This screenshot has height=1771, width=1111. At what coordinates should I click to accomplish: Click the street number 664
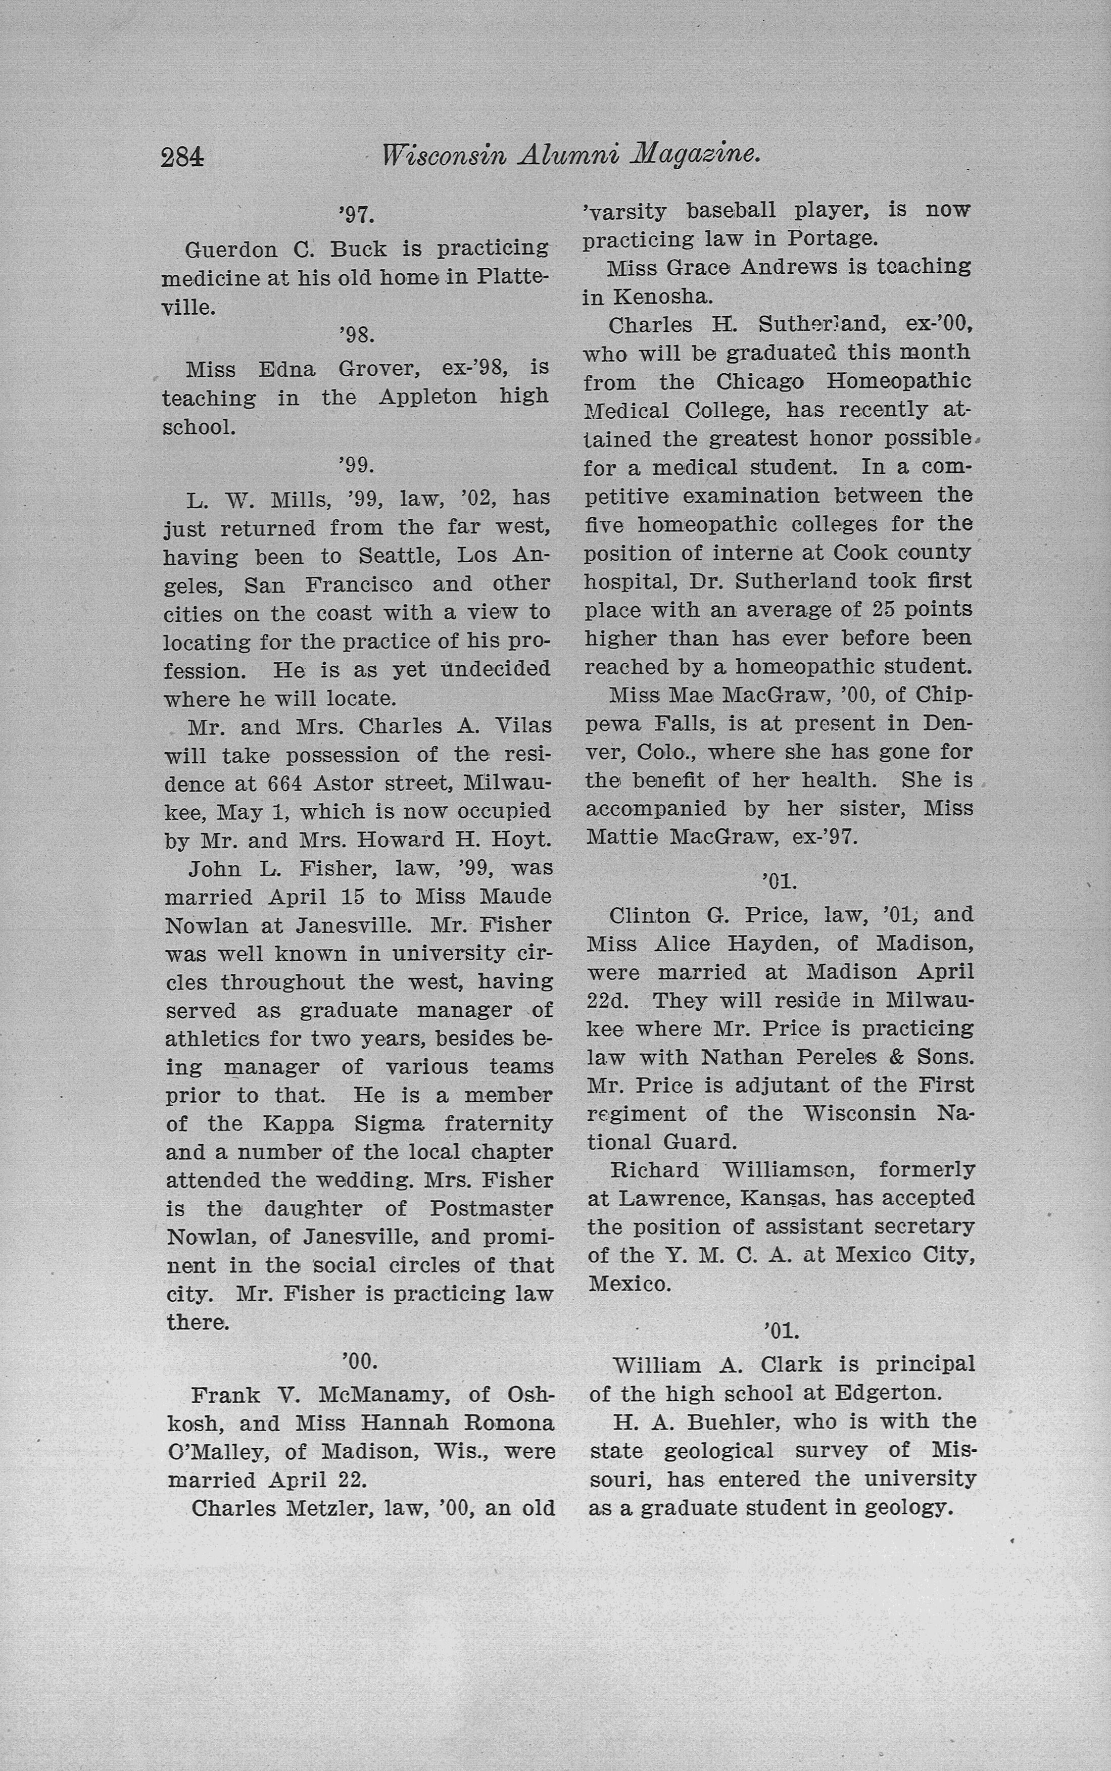click(x=284, y=784)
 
